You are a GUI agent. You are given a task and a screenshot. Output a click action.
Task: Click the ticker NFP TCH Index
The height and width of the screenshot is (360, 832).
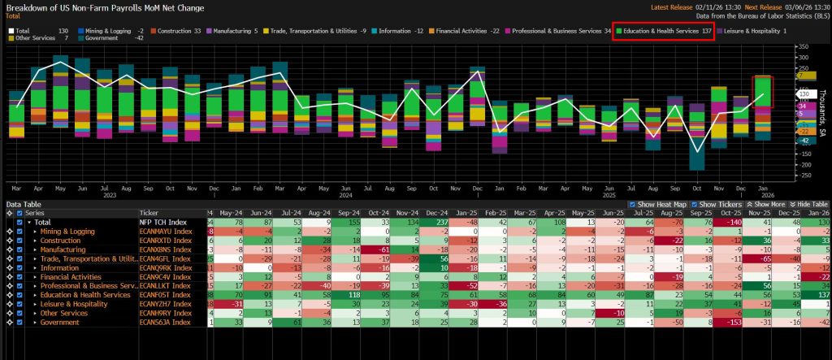pos(162,222)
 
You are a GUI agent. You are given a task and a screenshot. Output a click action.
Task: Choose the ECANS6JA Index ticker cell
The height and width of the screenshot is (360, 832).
pos(166,322)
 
